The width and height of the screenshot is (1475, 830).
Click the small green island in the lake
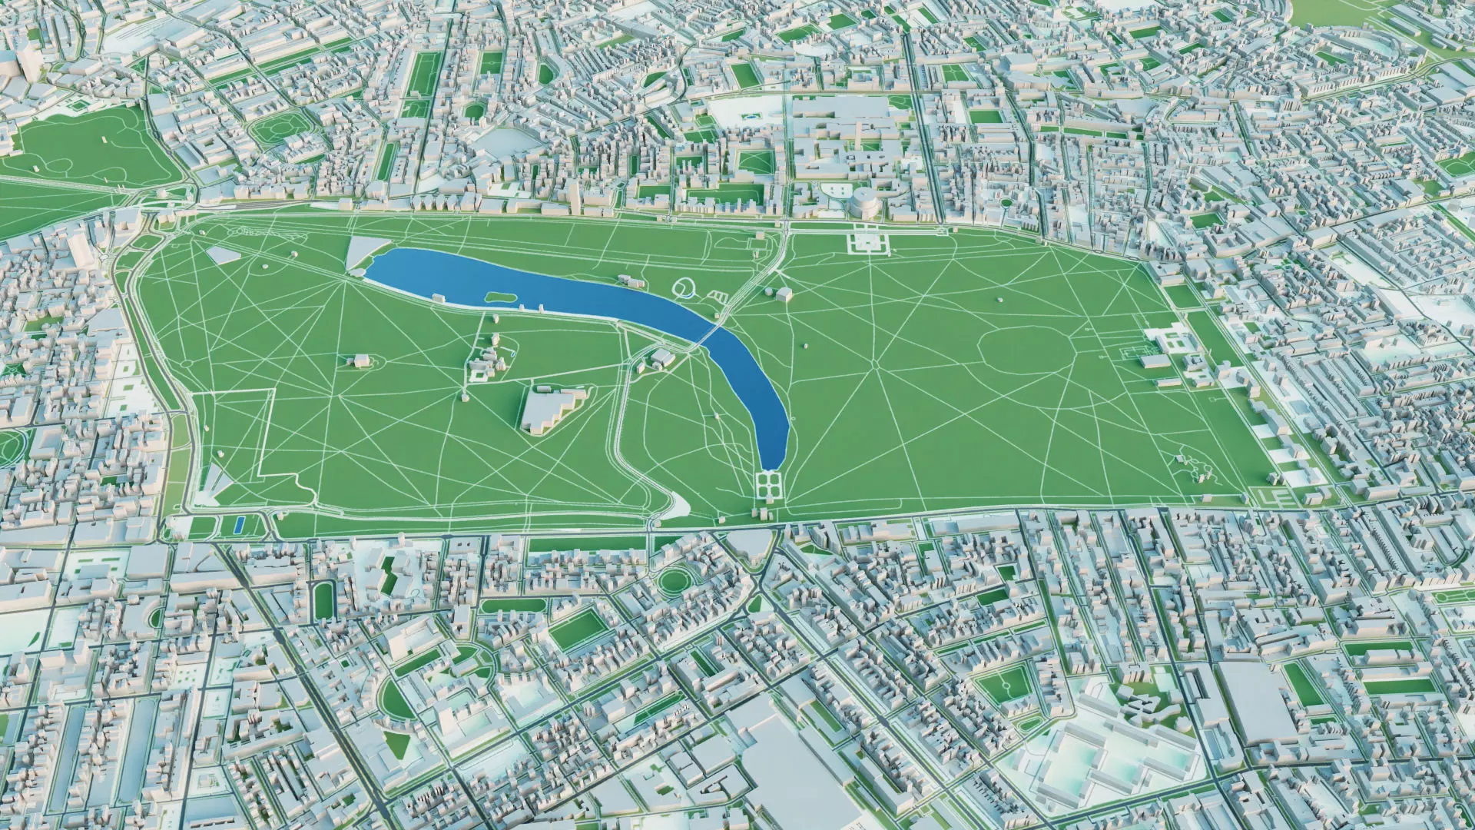pyautogui.click(x=500, y=296)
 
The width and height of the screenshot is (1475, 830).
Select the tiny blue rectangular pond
pyautogui.click(x=238, y=525)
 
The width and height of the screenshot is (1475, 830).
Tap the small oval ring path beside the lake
pyautogui.click(x=683, y=288)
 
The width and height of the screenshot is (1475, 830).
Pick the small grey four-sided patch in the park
pyautogui.click(x=222, y=254)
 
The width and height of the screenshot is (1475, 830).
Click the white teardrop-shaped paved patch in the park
pyautogui.click(x=679, y=504)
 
